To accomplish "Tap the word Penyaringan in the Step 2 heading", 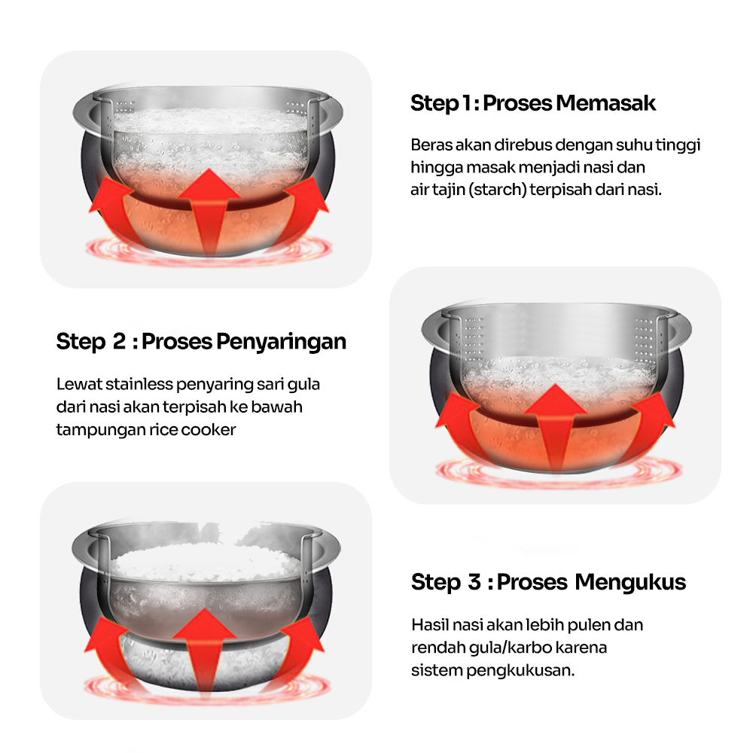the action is [281, 343].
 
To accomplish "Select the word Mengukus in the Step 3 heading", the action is [630, 583].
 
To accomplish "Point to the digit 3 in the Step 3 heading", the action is [474, 582].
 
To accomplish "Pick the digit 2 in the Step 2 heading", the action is [119, 341].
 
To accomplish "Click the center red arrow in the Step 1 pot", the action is [209, 212].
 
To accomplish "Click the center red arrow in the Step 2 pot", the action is [555, 428].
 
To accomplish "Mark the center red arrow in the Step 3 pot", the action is [204, 651].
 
